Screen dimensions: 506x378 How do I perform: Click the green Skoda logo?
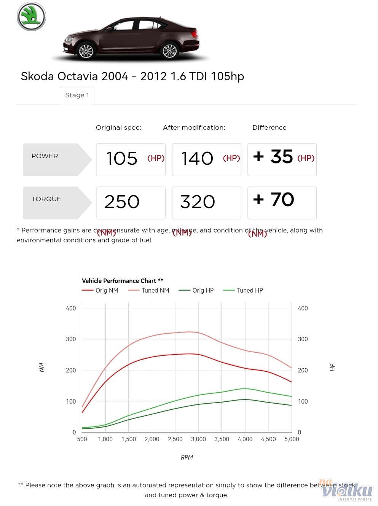point(31,17)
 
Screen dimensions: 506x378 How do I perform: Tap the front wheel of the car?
point(86,51)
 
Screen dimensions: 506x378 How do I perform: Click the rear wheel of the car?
point(169,50)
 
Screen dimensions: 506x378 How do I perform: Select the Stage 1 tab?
point(77,95)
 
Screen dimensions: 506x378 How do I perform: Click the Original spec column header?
point(118,127)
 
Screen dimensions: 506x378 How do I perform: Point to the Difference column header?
point(269,127)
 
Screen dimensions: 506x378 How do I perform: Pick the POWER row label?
point(45,156)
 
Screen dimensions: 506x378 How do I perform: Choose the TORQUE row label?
point(46,199)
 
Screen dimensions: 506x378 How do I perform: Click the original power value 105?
point(122,159)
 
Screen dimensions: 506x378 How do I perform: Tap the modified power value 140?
point(197,159)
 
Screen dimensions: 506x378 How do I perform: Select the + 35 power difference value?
point(273,156)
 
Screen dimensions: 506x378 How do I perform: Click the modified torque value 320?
point(198,202)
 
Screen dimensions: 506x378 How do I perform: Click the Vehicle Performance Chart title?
point(123,281)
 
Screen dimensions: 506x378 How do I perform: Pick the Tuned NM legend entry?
point(155,290)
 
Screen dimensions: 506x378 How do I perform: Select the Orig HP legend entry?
point(203,290)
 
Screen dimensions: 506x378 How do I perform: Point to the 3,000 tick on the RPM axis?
point(198,439)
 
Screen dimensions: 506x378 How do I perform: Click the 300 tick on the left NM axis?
point(71,339)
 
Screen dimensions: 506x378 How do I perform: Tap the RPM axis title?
point(187,457)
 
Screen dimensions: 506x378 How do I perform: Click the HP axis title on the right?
point(332,368)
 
